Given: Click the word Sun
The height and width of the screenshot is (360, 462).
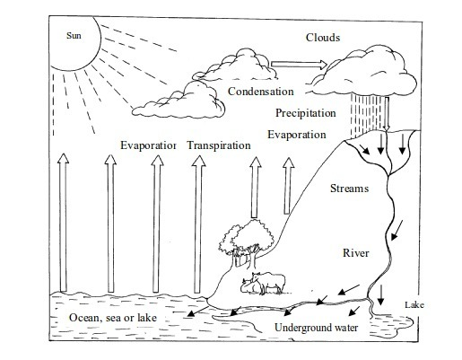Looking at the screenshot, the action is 74,36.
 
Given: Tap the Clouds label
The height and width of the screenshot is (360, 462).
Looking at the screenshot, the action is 323,38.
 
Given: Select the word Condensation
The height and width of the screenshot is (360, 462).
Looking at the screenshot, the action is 261,92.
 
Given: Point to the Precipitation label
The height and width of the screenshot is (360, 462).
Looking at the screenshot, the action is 306,113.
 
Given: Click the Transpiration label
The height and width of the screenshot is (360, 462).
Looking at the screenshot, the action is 219,145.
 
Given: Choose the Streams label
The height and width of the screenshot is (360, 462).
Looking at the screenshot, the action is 349,189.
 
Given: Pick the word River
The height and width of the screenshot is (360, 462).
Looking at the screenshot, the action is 356,253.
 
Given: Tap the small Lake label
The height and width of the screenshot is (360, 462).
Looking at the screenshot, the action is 414,305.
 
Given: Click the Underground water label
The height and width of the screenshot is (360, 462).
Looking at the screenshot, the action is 317,328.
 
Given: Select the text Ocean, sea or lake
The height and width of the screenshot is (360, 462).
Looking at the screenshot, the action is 113,318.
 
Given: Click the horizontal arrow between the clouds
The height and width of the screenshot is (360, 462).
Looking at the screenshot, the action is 300,65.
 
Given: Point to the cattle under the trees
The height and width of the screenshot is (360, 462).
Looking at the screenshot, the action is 263,283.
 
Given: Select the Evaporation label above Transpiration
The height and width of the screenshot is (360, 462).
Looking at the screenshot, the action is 297,135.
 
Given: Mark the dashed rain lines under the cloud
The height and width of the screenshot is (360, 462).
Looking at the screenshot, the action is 366,115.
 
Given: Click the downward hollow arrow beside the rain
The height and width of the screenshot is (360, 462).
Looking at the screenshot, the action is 387,114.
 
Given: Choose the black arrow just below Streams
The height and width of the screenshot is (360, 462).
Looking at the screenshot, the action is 397,230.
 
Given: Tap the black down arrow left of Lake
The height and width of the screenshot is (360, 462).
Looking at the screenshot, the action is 380,295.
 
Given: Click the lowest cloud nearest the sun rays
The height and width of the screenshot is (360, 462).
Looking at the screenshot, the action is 179,101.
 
